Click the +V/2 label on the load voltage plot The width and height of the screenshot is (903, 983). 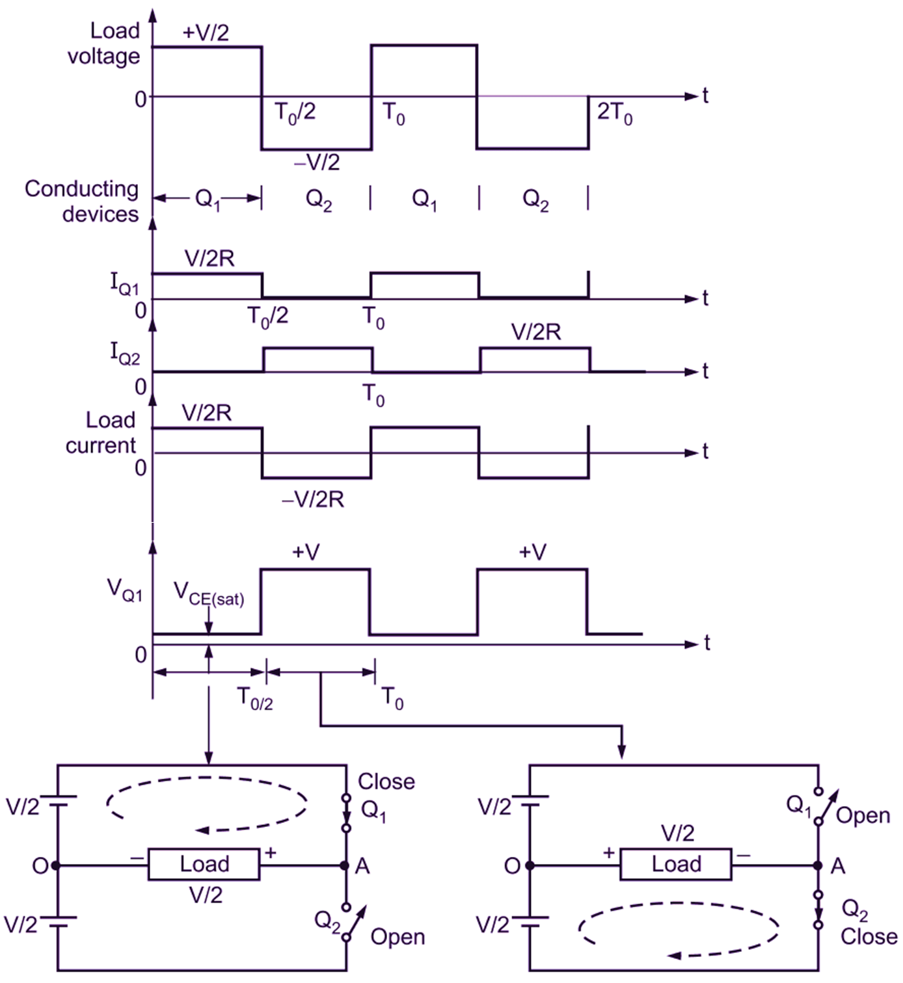pyautogui.click(x=206, y=33)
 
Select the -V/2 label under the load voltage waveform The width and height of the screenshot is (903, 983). pyautogui.click(x=316, y=162)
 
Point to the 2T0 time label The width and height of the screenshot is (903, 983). pyautogui.click(x=615, y=113)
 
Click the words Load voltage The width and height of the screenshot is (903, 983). pyautogui.click(x=104, y=44)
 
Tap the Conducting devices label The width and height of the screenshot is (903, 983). pyautogui.click(x=82, y=202)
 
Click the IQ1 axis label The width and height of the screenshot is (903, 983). pyautogui.click(x=125, y=285)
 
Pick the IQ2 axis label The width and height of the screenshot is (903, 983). pyautogui.click(x=125, y=354)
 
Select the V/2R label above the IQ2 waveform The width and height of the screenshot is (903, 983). pyautogui.click(x=536, y=332)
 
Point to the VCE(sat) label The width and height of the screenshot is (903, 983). pyautogui.click(x=209, y=594)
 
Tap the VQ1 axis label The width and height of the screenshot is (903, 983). pyautogui.click(x=125, y=590)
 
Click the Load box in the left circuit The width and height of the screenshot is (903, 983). pyautogui.click(x=204, y=865)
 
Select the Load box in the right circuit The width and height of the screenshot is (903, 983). pyautogui.click(x=676, y=865)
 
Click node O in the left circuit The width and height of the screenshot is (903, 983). pyautogui.click(x=55, y=866)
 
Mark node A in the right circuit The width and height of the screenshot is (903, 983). pyautogui.click(x=818, y=866)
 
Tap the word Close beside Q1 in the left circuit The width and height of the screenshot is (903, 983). pyautogui.click(x=386, y=781)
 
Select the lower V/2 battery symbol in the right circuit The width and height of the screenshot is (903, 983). pyautogui.click(x=530, y=923)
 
